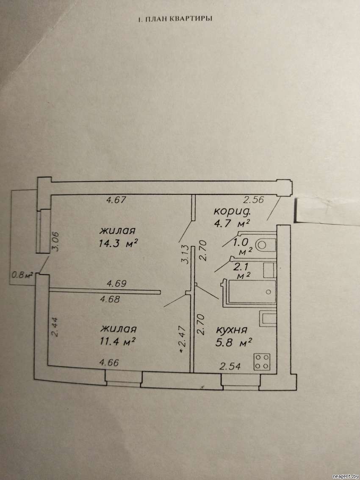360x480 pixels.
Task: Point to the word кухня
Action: [x=232, y=330]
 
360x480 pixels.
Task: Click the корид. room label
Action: [x=233, y=211]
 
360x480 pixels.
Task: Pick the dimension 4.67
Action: [x=116, y=200]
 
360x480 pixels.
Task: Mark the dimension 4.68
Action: [x=109, y=299]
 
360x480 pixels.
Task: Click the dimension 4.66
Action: [x=109, y=363]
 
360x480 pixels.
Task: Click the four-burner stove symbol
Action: [x=262, y=362]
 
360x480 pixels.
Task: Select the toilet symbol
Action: [x=265, y=245]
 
